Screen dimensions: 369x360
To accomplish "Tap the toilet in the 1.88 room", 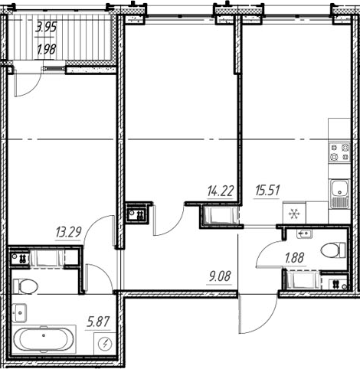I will (x=332, y=250).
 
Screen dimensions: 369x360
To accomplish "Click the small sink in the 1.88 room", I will (x=303, y=232).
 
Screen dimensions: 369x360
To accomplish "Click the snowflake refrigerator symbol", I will (x=293, y=214).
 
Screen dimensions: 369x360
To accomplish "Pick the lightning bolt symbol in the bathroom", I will (x=106, y=344).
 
